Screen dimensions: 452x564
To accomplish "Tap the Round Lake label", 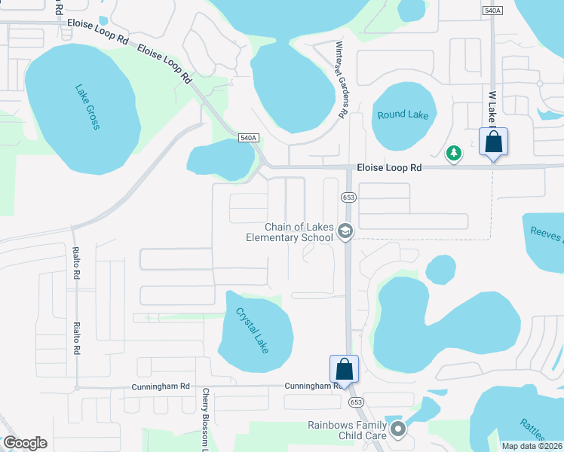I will [403, 115].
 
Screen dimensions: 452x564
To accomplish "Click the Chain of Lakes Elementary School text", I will [290, 233].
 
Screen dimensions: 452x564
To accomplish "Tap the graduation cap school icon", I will [345, 231].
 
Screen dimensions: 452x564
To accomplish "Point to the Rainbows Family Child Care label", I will [347, 430].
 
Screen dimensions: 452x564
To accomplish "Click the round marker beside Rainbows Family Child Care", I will [399, 430].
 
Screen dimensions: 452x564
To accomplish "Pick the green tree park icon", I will [454, 154].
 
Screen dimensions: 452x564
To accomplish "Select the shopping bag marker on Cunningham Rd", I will [344, 369].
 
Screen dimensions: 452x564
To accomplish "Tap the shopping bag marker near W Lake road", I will [493, 142].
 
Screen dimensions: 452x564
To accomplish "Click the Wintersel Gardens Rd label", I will [340, 79].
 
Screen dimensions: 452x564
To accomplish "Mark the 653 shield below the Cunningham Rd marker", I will [356, 403].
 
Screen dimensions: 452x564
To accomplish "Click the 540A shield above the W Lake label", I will [492, 10].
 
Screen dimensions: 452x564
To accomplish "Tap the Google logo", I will [25, 443].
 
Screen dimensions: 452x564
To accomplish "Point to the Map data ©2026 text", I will [532, 446].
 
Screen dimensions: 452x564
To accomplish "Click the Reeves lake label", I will [546, 234].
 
